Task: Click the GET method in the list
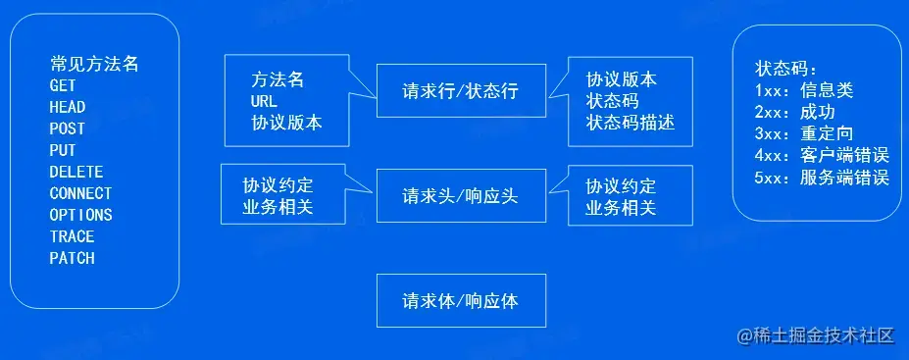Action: (x=63, y=86)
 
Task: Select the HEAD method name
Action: (x=68, y=108)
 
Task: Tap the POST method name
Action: (x=68, y=129)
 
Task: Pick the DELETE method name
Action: (x=76, y=173)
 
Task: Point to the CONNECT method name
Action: (x=80, y=194)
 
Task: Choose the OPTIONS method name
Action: (x=80, y=216)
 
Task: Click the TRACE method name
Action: (x=72, y=237)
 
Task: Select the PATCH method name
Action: (x=72, y=259)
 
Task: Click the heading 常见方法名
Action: (x=94, y=65)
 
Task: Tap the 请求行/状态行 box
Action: (x=460, y=92)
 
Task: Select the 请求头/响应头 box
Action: (x=460, y=196)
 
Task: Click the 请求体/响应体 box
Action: (x=460, y=301)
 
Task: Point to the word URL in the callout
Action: (x=265, y=102)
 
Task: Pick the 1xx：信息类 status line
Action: (x=804, y=91)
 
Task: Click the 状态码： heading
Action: (x=786, y=70)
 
